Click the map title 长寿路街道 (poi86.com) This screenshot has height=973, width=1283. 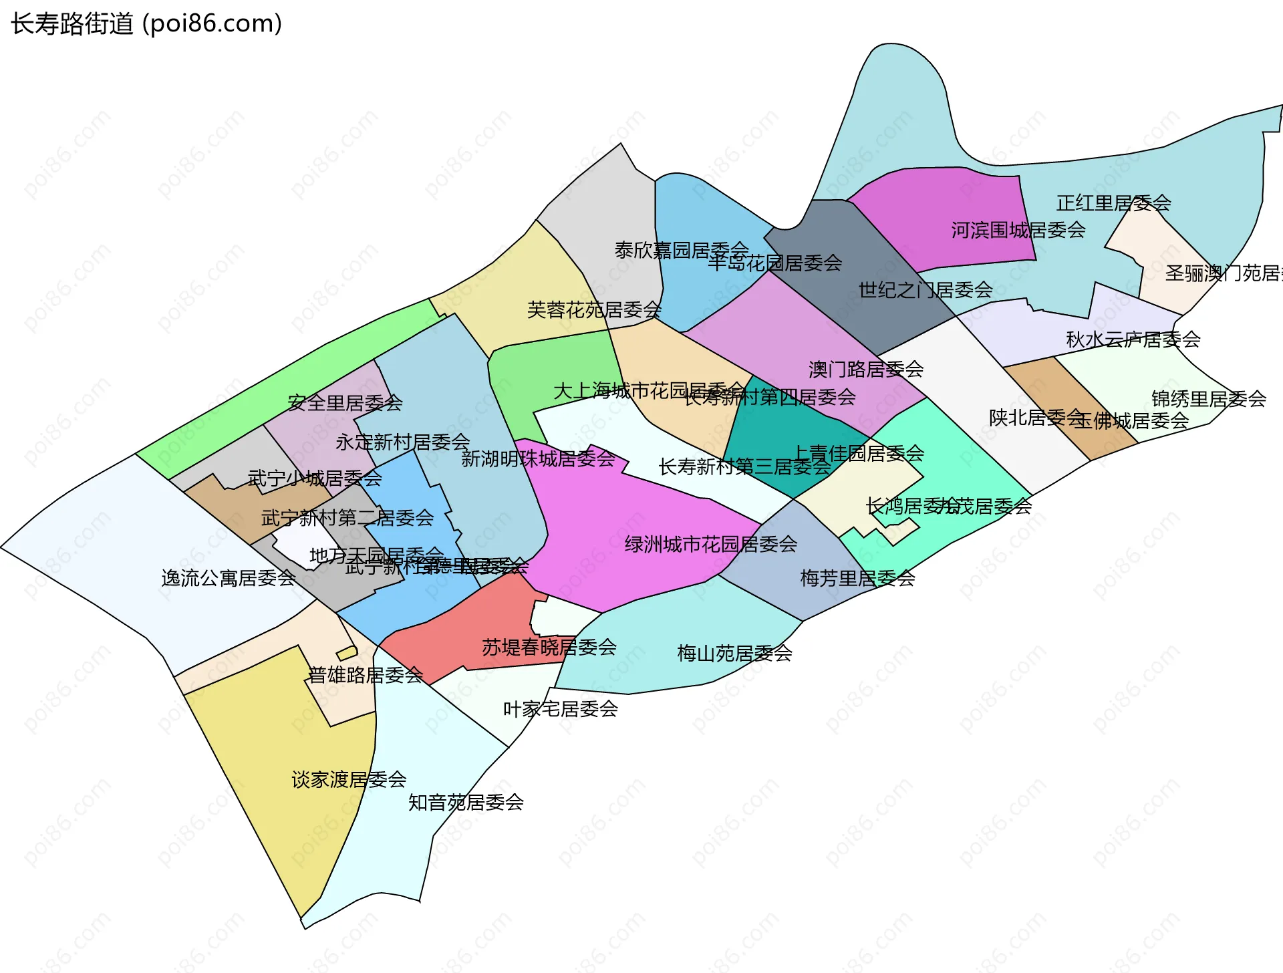coord(146,24)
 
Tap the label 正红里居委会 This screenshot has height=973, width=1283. coord(1113,203)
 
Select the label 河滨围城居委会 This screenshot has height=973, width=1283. coord(1018,231)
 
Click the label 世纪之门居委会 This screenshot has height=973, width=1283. coord(925,290)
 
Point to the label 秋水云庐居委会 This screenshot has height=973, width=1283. coord(1133,339)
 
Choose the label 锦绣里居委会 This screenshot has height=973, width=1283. coord(1209,399)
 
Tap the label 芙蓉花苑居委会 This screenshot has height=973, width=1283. coord(594,310)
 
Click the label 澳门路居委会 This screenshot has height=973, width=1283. coord(866,369)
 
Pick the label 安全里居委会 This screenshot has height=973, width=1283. coord(345,403)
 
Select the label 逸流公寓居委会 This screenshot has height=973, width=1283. coord(229,578)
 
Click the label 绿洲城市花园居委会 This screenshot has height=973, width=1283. coord(711,544)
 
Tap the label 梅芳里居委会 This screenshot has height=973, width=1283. coord(857,578)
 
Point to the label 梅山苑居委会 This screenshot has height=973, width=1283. coord(734,653)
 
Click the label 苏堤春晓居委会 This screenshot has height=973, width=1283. coord(549,647)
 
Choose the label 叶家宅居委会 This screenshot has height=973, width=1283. coord(560,708)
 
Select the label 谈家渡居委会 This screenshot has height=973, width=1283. coord(349,779)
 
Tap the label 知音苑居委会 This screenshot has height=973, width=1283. coord(466,802)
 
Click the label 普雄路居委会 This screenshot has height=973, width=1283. coord(365,675)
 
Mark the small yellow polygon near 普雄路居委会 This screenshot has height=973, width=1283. coord(347,653)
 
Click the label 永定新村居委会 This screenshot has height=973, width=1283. coord(403,442)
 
